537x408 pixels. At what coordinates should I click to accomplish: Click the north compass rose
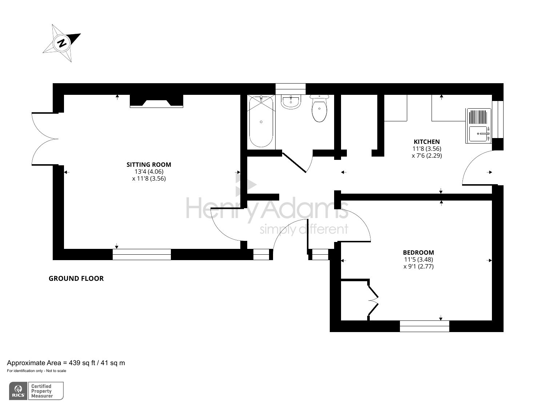(62, 43)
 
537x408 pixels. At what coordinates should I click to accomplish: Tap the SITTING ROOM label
(149, 165)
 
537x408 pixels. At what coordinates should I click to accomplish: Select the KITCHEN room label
(426, 142)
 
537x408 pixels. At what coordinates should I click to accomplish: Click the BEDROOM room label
(418, 253)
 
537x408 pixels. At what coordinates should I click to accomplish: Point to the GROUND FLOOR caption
(76, 279)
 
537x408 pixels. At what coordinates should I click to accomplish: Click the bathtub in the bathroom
(261, 121)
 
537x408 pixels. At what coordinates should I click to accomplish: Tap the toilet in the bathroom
(320, 109)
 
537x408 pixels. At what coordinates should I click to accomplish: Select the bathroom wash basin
(290, 102)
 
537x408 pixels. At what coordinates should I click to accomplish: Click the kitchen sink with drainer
(478, 126)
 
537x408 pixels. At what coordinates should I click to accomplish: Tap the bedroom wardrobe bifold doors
(373, 300)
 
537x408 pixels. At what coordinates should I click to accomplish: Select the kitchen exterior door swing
(476, 169)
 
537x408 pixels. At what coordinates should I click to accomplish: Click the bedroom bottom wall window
(424, 326)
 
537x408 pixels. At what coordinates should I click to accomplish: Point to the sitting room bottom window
(141, 254)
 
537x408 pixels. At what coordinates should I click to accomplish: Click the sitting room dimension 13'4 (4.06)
(149, 171)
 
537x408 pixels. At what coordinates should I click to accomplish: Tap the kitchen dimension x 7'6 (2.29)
(426, 155)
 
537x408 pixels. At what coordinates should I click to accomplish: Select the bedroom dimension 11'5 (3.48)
(418, 259)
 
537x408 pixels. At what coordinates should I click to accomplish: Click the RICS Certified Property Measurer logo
(36, 391)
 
